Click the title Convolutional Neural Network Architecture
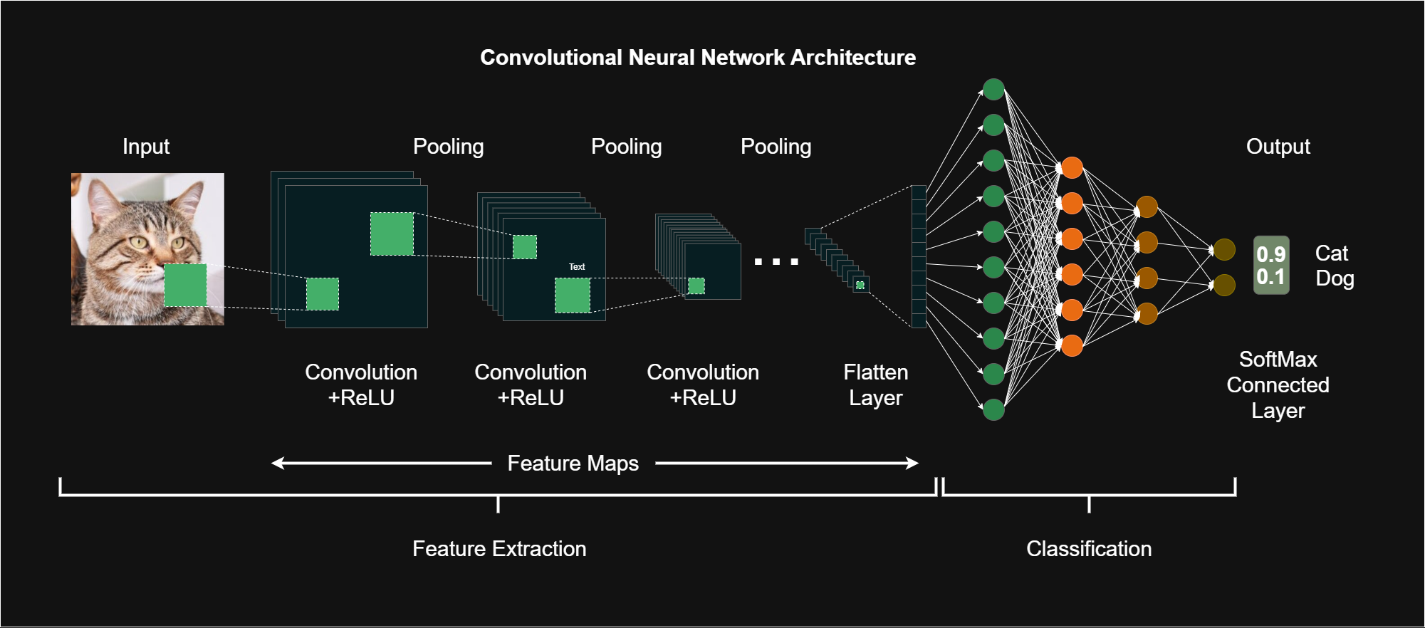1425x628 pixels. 698,58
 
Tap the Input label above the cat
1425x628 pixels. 146,147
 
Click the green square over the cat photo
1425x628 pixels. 186,285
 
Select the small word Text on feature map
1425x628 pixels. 577,267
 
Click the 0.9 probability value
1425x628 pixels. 1271,254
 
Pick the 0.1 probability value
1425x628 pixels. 1271,277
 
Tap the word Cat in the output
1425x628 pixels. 1332,253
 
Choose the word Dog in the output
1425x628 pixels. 1335,278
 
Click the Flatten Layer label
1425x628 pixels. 876,385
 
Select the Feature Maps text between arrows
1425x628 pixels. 573,464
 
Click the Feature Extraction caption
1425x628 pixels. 499,549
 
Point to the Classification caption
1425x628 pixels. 1089,549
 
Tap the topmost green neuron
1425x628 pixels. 993,90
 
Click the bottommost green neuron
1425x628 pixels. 993,409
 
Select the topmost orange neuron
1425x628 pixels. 1072,168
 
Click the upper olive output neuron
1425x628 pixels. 1224,249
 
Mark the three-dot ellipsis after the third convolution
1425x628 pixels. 776,262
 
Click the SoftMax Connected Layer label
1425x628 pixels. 1278,385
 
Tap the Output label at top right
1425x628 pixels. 1278,147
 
